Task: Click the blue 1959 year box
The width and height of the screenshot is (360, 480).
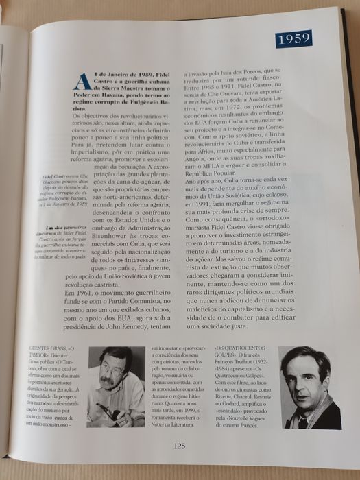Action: pos(294,38)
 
